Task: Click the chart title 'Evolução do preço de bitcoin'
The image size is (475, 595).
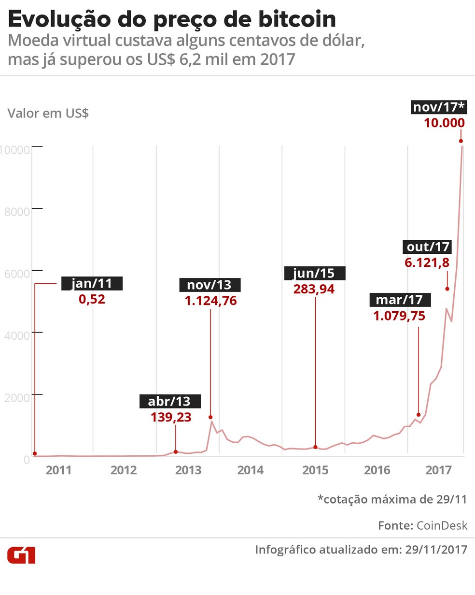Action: (172, 19)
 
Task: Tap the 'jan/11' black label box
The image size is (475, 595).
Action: (92, 283)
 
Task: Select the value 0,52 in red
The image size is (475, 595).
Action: (92, 299)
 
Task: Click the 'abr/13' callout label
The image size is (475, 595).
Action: (169, 401)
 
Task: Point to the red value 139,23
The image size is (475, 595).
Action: (171, 417)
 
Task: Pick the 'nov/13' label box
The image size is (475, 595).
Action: (210, 285)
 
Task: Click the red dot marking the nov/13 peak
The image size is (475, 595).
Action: (210, 417)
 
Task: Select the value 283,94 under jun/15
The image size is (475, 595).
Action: (314, 289)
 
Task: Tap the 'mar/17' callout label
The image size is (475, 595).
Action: (399, 300)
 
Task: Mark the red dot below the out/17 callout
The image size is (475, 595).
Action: (447, 289)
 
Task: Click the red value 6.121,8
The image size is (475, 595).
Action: (427, 262)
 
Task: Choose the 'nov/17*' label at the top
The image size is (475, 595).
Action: (438, 106)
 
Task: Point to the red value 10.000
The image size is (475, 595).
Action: (444, 123)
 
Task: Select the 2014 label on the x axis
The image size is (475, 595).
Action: (250, 470)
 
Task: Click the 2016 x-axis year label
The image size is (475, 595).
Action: (377, 470)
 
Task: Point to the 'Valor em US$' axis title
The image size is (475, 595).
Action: (48, 114)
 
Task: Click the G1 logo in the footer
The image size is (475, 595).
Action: (21, 555)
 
